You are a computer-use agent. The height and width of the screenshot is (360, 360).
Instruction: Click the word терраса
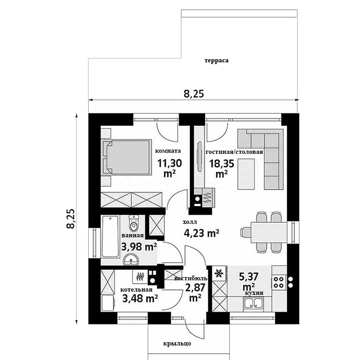point(216,61)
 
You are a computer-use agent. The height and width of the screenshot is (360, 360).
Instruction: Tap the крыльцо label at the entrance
point(177,344)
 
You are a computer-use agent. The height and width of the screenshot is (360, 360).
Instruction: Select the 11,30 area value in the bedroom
point(170,164)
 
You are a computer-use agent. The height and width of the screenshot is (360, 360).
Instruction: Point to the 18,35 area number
point(221,164)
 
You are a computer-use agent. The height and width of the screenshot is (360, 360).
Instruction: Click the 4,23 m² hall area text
point(201,233)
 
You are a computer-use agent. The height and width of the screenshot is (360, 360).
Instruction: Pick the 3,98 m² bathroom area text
point(139,247)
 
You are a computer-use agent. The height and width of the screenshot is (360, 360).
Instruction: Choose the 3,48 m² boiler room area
point(140,299)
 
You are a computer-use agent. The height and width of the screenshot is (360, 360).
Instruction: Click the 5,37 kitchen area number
point(249,277)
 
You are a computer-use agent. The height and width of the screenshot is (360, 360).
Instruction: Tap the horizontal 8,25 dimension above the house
point(194,94)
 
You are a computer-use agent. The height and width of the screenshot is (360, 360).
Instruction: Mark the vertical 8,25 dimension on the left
point(70,219)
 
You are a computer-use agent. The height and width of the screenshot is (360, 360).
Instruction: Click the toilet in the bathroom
point(133,223)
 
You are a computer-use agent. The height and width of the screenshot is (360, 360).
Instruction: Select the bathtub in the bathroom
point(110,236)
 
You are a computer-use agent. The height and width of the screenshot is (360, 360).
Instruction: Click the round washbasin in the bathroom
point(131,259)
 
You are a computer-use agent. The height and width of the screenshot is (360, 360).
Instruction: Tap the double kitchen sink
point(253,303)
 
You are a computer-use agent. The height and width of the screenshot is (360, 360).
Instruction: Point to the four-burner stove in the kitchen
point(278,282)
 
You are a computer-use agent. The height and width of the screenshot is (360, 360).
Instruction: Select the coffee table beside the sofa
point(246,174)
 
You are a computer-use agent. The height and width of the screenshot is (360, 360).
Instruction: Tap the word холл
point(189,222)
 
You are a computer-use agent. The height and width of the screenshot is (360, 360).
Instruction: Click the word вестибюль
point(191,279)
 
